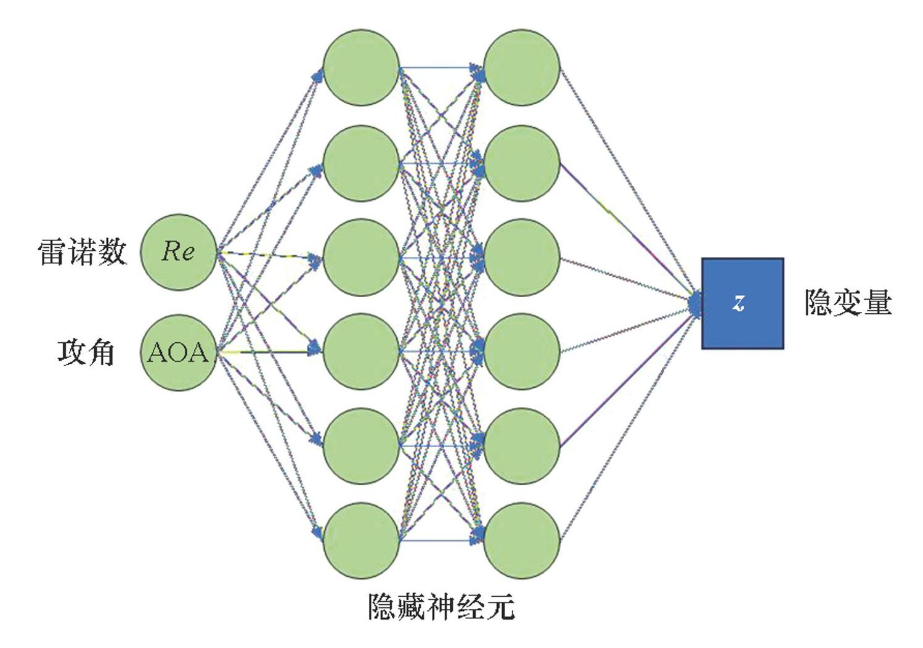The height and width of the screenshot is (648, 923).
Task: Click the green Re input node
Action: [179, 252]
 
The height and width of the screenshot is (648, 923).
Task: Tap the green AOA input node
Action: [179, 352]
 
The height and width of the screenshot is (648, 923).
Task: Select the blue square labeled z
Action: [742, 303]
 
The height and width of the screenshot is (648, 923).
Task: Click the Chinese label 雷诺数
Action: [83, 252]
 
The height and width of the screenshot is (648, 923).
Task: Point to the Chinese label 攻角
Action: [86, 352]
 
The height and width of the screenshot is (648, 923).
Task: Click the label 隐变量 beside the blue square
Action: [848, 303]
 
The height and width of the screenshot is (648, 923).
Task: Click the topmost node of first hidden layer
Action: [361, 67]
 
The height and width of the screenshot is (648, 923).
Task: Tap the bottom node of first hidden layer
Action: [361, 541]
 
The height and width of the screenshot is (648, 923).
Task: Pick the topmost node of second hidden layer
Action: [522, 67]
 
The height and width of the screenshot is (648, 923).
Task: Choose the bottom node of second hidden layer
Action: [522, 541]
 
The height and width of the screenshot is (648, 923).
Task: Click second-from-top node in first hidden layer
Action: [361, 163]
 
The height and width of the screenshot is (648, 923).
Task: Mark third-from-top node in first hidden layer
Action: [361, 257]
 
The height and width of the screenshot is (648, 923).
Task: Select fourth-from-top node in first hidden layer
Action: [361, 351]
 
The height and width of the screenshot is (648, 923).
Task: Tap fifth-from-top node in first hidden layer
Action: [361, 445]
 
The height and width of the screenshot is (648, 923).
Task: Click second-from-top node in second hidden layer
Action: [522, 163]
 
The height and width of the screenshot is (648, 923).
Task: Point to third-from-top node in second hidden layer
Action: [522, 257]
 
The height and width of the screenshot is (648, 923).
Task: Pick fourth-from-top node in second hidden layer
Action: [522, 351]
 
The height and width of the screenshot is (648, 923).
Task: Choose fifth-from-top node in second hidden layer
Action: [522, 445]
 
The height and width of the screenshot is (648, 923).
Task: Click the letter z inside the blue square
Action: [739, 303]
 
